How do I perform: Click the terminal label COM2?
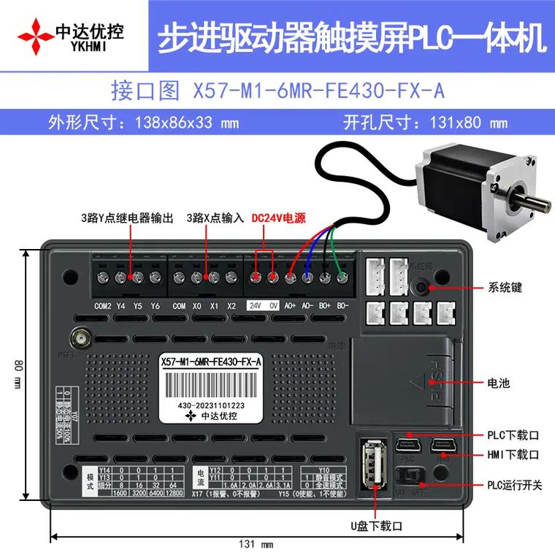coord(103,305)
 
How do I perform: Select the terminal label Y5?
coord(137,305)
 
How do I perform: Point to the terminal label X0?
coord(196,305)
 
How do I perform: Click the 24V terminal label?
coord(256,305)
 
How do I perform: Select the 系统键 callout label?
coord(505,288)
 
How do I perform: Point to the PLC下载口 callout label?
coord(513,435)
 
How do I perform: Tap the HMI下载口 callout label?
coord(513,454)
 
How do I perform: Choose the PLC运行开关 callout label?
coord(515,485)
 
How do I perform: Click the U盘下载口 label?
coord(376,524)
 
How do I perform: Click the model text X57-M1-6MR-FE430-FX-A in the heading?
coord(318,90)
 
